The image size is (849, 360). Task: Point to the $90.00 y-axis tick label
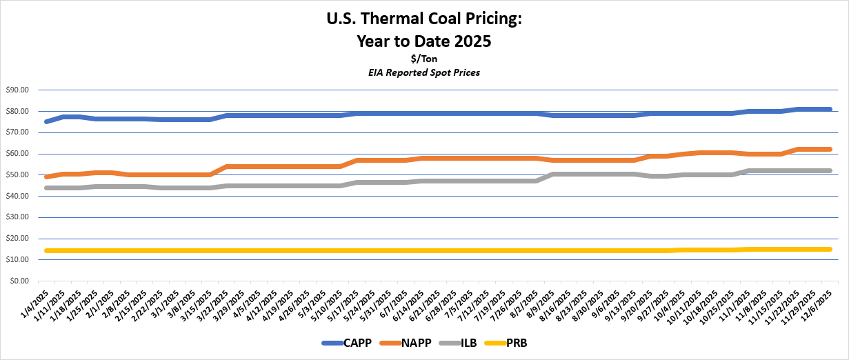click(x=17, y=90)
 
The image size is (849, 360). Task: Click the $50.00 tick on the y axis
click(x=17, y=175)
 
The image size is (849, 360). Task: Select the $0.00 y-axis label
click(x=19, y=281)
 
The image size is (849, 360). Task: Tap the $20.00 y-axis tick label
click(x=17, y=239)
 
